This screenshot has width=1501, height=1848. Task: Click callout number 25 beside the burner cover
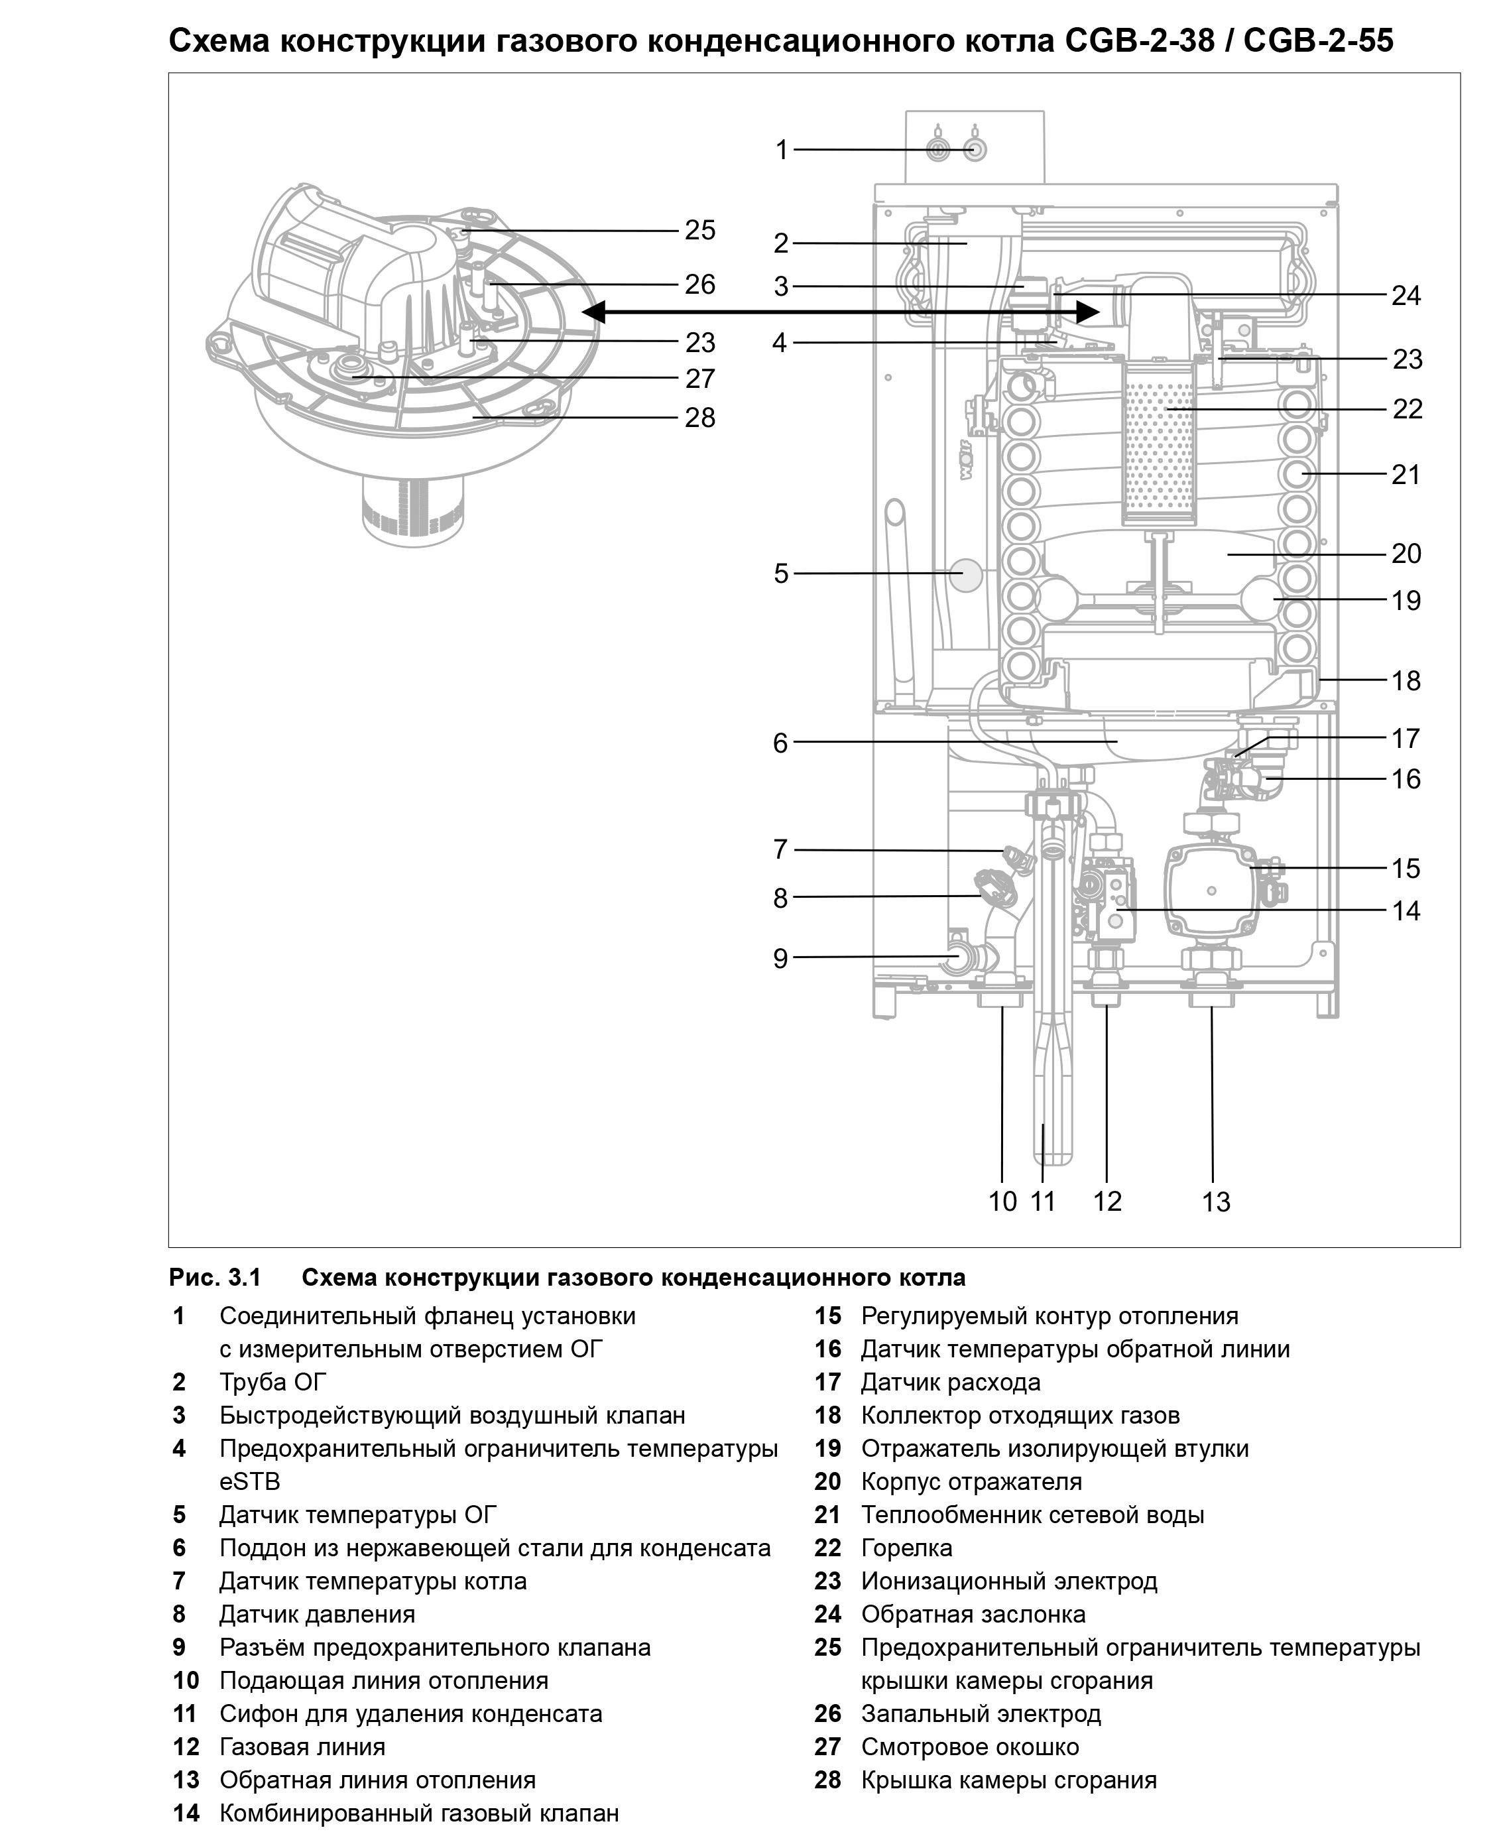point(699,230)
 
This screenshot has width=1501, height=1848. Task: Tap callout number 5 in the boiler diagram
point(781,574)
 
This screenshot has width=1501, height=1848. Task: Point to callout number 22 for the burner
point(1407,409)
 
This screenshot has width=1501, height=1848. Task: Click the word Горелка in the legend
point(906,1548)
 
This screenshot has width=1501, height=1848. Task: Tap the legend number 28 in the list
point(827,1780)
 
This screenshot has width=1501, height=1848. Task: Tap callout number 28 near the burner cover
point(699,418)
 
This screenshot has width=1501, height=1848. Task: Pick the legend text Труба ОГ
point(273,1382)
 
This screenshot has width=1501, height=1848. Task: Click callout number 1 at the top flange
point(782,150)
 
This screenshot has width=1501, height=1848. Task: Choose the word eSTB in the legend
point(249,1481)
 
